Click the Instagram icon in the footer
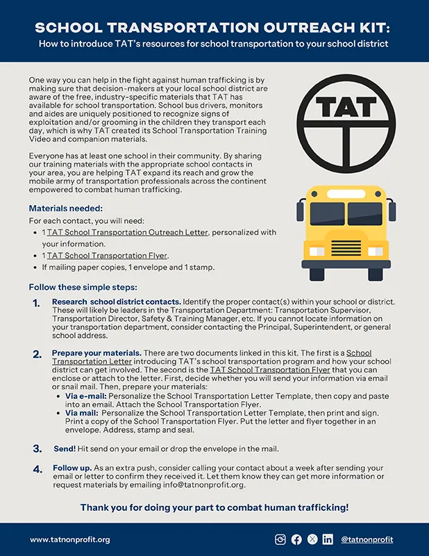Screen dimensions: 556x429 (280, 539)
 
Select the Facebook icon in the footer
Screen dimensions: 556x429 (296, 539)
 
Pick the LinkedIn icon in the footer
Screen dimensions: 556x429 (328, 539)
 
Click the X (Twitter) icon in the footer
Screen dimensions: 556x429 (312, 539)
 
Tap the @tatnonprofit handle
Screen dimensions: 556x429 (369, 539)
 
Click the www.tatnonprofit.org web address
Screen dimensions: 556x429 (69, 540)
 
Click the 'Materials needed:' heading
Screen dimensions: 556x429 (66, 208)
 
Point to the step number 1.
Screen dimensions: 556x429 (36, 304)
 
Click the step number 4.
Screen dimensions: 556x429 (37, 470)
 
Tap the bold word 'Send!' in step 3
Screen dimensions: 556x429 (65, 449)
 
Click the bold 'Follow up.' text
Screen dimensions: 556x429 (74, 468)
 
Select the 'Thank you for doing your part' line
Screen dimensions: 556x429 (214, 506)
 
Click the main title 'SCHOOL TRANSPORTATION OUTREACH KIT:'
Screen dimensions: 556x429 (214, 27)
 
